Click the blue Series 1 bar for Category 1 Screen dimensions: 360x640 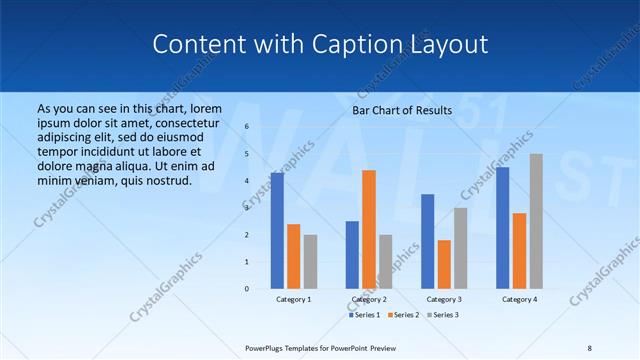tap(277, 231)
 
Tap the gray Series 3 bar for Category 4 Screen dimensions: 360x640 tap(536, 221)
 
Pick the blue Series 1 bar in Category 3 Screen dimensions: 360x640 tap(428, 241)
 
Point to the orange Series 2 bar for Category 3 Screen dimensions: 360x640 tap(444, 264)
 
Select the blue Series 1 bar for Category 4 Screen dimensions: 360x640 tap(502, 227)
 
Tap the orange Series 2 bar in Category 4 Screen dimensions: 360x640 tap(519, 250)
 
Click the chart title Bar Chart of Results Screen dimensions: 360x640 tap(402, 110)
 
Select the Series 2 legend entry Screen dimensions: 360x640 tap(403, 315)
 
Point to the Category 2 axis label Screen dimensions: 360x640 tap(369, 299)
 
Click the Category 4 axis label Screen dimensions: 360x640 tap(519, 299)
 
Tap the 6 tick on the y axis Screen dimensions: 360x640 tap(246, 127)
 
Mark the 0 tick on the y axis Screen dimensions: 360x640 tap(246, 288)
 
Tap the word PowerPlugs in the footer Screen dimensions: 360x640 tap(267, 347)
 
